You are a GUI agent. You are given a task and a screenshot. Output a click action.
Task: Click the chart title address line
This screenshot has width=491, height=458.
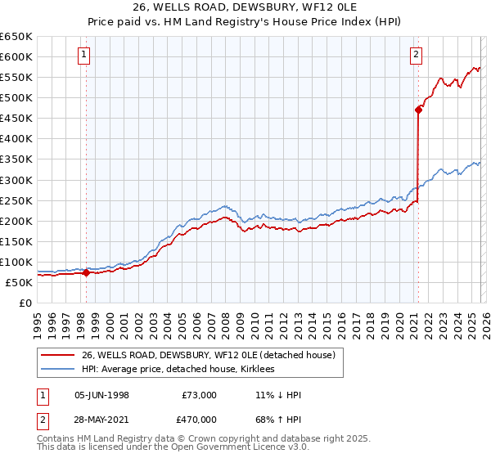(x=245, y=7)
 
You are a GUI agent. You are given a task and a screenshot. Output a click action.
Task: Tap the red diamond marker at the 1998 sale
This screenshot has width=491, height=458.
(x=87, y=273)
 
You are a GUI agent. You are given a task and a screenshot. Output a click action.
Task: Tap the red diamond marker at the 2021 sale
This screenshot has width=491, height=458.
(x=418, y=110)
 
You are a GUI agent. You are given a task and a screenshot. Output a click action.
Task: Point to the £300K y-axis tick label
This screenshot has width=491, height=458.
(x=16, y=180)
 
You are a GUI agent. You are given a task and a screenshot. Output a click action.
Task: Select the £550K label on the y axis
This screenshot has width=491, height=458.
(x=16, y=78)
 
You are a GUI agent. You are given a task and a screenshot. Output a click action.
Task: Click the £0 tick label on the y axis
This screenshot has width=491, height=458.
(x=25, y=303)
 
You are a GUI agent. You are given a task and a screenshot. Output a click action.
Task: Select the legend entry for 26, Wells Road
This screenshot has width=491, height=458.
(x=209, y=356)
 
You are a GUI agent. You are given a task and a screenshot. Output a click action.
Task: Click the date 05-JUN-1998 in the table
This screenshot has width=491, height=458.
(x=101, y=395)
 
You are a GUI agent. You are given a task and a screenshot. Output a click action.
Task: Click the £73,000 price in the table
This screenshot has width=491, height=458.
(x=200, y=395)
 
